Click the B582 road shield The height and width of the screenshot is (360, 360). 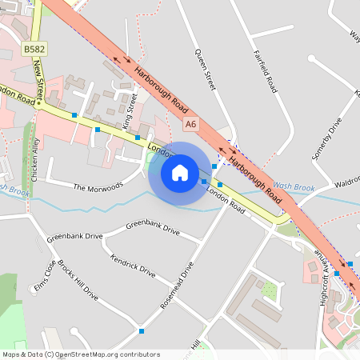point(34,50)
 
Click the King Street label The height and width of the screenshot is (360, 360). point(130,111)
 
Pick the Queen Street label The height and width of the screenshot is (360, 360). point(206,67)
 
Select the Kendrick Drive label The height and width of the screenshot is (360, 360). point(133,266)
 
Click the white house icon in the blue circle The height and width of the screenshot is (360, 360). point(180,172)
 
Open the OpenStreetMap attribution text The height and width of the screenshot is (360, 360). point(81,354)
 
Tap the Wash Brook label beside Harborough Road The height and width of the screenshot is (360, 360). point(294,187)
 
